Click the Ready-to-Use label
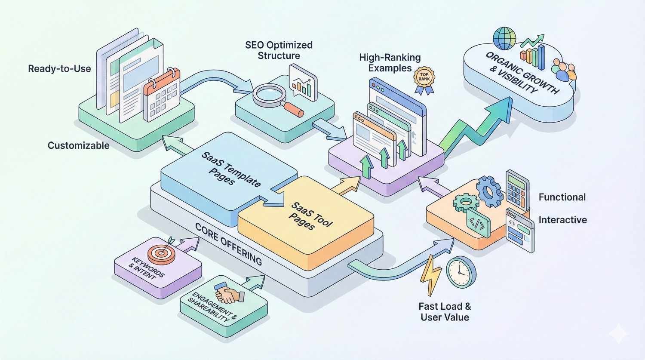pos(59,69)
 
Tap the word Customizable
pos(78,145)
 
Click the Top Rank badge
pos(424,79)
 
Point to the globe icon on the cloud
pos(504,38)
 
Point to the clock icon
pos(461,272)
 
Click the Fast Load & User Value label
pos(445,312)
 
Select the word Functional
pos(562,197)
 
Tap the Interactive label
pos(562,220)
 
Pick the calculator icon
pos(517,190)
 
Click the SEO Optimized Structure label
pos(279,50)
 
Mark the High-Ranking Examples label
pos(390,63)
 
